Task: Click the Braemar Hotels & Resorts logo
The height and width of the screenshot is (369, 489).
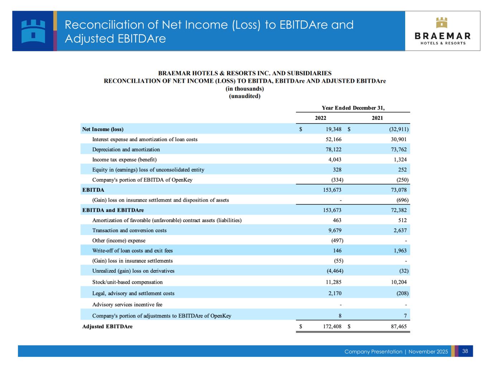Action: point(442,31)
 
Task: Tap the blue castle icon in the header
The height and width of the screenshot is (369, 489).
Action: point(33,31)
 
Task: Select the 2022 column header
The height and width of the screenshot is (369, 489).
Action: point(321,118)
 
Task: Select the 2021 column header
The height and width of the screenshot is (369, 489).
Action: point(377,118)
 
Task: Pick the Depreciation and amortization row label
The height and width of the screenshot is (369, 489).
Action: point(126,149)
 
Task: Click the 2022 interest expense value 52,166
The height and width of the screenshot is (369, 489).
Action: point(334,139)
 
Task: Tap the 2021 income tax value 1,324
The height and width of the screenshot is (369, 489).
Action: point(400,159)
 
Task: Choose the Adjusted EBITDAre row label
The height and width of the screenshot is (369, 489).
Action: point(107,326)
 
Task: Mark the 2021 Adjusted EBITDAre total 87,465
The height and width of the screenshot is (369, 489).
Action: point(399,326)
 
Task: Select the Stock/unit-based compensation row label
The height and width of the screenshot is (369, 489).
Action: point(128,282)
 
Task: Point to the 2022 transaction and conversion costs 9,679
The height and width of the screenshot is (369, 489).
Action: point(335,230)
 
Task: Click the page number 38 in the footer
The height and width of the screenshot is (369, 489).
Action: point(465,351)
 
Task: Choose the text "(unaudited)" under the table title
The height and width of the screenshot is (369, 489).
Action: point(245,96)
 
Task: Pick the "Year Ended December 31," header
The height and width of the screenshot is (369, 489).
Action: point(353,108)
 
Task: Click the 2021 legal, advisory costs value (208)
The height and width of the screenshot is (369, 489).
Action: point(402,293)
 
